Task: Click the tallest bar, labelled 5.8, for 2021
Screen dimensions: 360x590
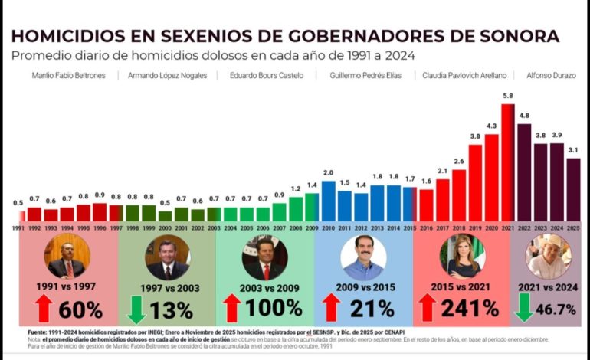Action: click(507, 162)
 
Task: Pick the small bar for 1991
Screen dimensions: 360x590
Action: click(19, 216)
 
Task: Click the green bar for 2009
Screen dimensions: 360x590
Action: click(312, 207)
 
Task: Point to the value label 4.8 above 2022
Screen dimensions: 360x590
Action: click(524, 116)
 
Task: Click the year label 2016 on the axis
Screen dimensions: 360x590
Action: click(426, 228)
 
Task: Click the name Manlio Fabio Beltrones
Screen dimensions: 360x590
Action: click(74, 75)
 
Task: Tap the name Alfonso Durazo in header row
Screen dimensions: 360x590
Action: click(552, 75)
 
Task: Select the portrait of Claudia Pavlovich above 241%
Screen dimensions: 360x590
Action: click(461, 257)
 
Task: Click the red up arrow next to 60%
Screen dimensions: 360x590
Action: click(44, 309)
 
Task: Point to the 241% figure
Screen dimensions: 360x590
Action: click(470, 309)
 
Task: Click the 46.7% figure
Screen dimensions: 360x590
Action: click(558, 309)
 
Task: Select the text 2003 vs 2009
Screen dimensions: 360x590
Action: click(264, 287)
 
